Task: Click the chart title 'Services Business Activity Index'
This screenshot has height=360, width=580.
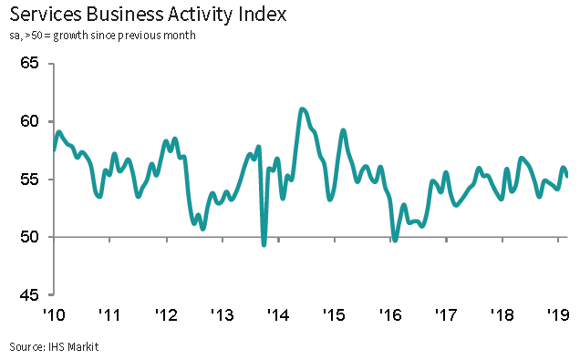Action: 148,15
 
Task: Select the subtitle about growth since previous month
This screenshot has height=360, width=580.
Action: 102,36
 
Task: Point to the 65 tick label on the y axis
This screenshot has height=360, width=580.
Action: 29,63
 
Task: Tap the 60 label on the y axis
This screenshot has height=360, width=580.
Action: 29,121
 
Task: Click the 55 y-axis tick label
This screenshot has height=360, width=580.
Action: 29,180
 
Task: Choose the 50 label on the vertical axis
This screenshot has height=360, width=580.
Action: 29,237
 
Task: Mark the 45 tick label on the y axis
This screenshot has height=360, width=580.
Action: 29,295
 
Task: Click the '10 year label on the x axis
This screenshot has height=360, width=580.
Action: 55,315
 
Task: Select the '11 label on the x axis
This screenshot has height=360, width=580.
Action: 109,315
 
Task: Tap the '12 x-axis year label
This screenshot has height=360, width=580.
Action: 167,315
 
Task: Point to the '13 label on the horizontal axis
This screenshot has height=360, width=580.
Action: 223,315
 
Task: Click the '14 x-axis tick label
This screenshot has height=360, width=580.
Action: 278,315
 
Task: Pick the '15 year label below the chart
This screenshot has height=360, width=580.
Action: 335,315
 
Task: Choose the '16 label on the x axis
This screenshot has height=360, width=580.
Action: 390,315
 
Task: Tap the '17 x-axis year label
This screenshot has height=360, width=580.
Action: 447,315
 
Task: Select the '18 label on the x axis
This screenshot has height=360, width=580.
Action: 502,315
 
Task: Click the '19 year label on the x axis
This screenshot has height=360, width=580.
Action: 558,315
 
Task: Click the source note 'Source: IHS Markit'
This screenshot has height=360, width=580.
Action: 54,347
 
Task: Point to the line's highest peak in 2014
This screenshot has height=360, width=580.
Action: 302,109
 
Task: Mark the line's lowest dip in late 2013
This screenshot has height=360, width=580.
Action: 264,244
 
